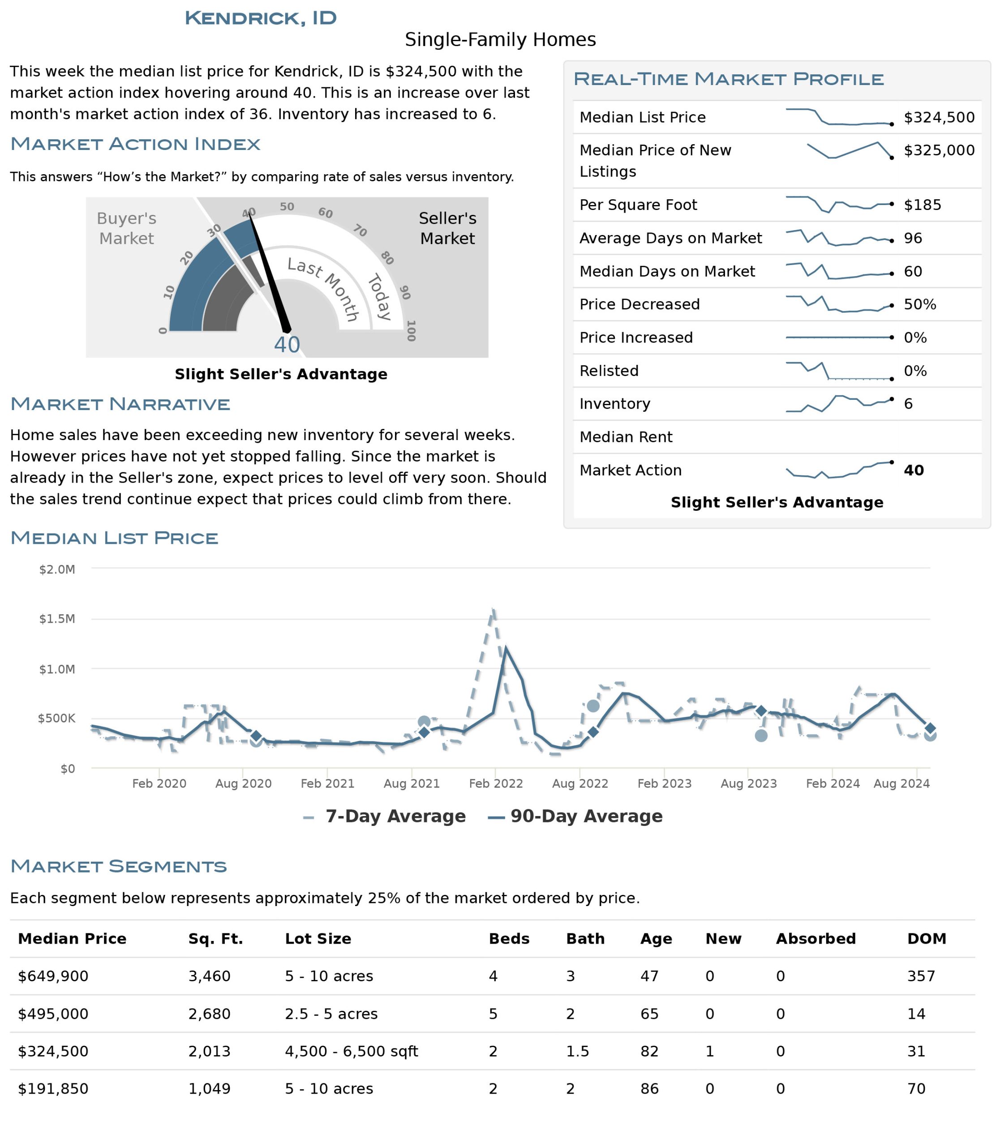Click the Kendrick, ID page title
261,18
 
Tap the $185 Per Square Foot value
923,205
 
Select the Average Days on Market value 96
913,238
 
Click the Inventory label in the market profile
614,403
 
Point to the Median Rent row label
626,437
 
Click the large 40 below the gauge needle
287,345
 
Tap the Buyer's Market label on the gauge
127,228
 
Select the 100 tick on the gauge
411,330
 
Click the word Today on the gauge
379,297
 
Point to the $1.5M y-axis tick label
57,618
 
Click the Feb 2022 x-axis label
496,783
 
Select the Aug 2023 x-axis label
748,783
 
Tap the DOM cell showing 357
921,976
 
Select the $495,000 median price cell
53,1014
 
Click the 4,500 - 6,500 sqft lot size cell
351,1051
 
